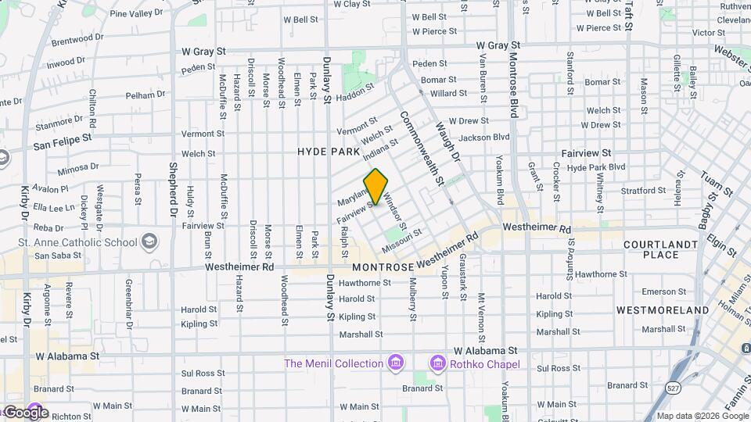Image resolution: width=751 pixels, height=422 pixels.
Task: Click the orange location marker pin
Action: tap(376, 186)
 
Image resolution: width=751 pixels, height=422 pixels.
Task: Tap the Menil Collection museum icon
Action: tap(396, 363)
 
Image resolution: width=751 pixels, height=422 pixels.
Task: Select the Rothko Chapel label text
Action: tap(483, 363)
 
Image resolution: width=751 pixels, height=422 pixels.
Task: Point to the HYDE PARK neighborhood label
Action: tap(329, 152)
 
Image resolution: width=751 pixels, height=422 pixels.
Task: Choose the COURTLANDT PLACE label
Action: tap(661, 249)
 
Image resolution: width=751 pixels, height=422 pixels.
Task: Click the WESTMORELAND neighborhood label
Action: tap(663, 310)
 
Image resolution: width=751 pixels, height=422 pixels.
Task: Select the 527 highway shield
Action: tap(672, 387)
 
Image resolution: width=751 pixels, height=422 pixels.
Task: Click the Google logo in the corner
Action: tap(25, 412)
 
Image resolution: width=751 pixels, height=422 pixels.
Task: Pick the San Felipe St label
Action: tap(62, 141)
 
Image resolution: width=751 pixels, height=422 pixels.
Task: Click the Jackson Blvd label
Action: tap(484, 138)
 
